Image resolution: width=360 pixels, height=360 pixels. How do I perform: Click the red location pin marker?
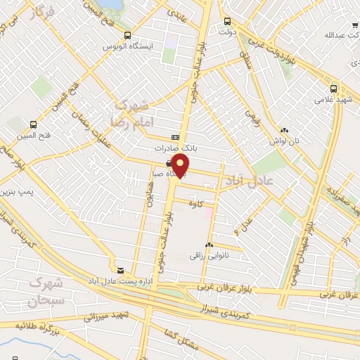[181, 166]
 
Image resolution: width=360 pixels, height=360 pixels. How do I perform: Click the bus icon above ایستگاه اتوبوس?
[127, 35]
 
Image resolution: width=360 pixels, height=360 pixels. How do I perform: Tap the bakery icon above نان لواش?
[284, 130]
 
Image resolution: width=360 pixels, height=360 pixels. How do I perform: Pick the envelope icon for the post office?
[121, 270]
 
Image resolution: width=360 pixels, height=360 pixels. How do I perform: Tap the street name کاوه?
[205, 204]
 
